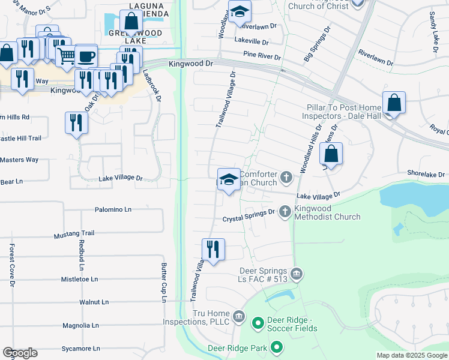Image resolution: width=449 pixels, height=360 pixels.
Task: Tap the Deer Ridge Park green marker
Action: coord(277,347)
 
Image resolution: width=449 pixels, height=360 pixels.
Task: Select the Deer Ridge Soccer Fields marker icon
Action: coord(258,324)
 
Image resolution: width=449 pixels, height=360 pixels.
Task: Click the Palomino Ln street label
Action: coord(113,210)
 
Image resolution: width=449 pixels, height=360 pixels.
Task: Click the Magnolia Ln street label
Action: coord(80,325)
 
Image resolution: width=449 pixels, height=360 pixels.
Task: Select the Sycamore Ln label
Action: coord(81,348)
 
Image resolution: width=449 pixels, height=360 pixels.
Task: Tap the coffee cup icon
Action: coord(86,55)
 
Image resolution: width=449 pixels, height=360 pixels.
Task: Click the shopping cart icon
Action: coord(67,56)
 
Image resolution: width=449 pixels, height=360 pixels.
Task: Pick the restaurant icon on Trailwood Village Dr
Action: coord(213,248)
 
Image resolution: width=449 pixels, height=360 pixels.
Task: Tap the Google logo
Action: coord(20,353)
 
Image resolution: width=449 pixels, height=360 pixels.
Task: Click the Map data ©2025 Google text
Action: coord(411,355)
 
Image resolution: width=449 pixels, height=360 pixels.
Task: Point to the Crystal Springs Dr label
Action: coord(249,219)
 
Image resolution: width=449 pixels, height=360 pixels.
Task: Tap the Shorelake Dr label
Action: coord(423,173)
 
